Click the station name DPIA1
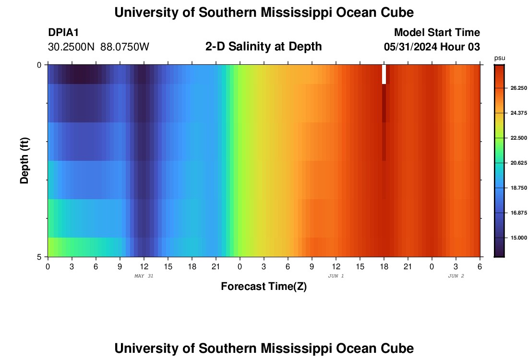point(63,33)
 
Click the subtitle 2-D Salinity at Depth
point(264,47)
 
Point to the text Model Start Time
point(437,33)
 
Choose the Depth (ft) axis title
point(25,160)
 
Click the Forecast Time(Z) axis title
point(264,287)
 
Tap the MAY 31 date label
point(144,276)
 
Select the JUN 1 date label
point(336,276)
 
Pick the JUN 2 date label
point(456,276)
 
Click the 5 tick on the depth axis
point(39,257)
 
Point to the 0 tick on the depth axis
point(39,65)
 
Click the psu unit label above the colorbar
point(500,58)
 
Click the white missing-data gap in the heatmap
point(384,74)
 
